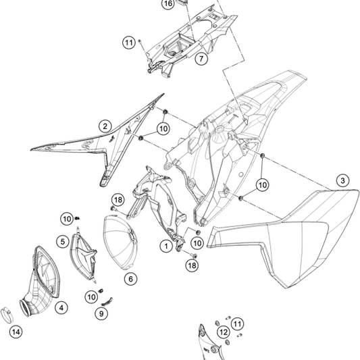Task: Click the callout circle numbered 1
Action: tap(166, 247)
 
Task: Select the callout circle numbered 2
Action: tap(105, 126)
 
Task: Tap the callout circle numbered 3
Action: tap(342, 180)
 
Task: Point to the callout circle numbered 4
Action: tap(61, 307)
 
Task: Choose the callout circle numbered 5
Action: tap(63, 242)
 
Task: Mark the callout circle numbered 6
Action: tap(130, 279)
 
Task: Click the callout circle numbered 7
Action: tap(201, 59)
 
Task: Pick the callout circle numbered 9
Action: tap(101, 313)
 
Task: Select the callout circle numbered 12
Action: tap(224, 332)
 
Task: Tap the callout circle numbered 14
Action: tap(16, 332)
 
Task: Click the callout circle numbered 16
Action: tap(168, 4)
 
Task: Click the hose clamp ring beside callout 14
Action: tap(7, 315)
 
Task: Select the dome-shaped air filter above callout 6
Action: tap(120, 242)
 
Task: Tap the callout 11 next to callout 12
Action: tap(237, 324)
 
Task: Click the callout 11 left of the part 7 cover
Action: tap(129, 43)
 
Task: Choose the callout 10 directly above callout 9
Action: tap(91, 297)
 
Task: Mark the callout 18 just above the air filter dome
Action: tap(118, 200)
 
